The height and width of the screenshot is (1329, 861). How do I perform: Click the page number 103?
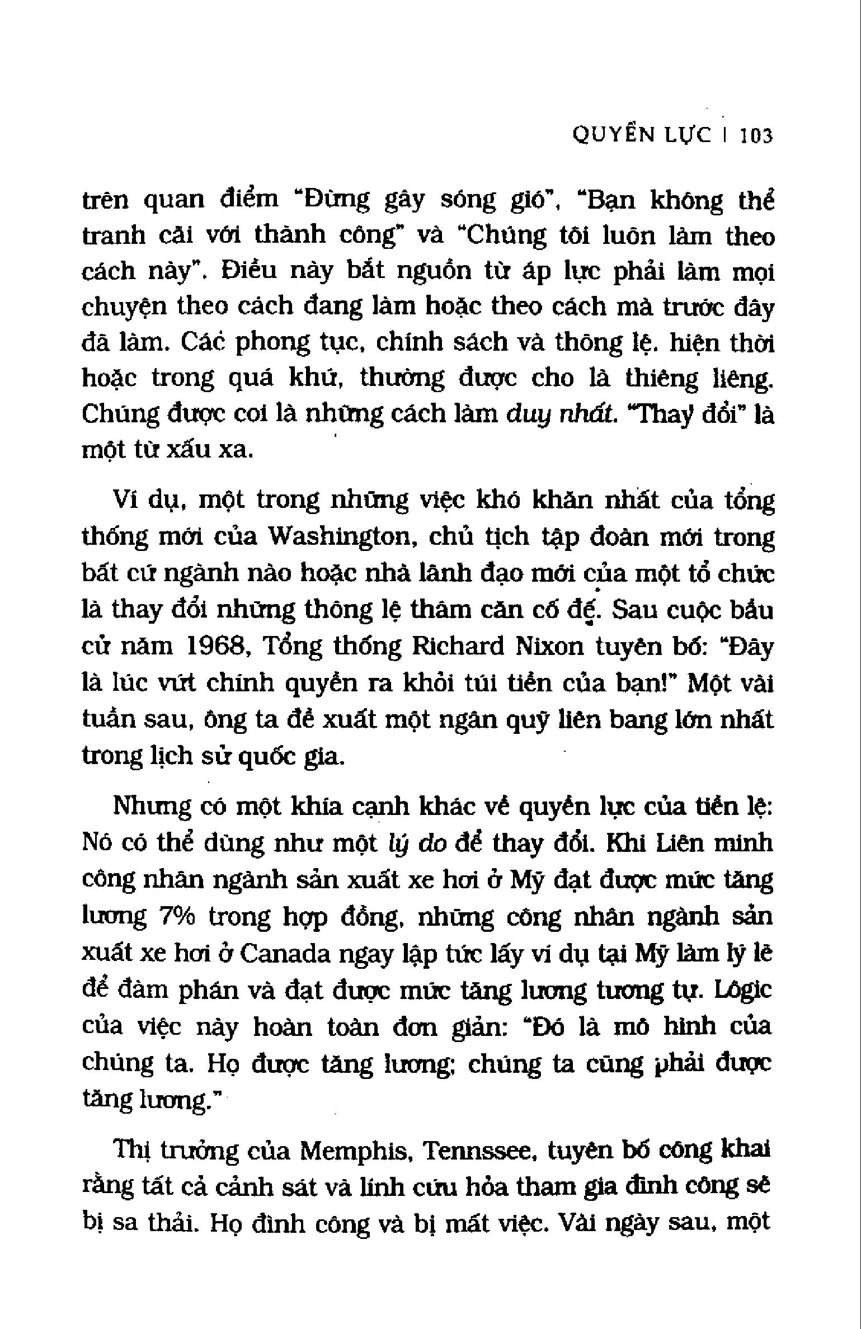[x=756, y=136]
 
